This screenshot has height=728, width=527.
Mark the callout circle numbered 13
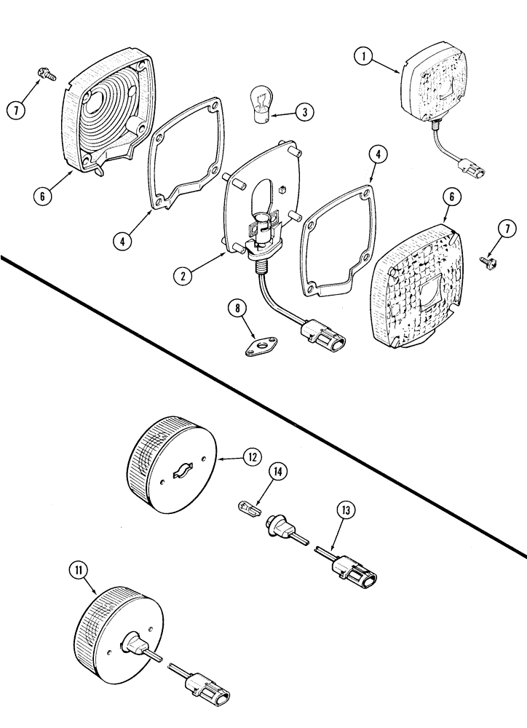pos(344,510)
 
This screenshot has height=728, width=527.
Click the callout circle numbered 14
pos(277,472)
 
